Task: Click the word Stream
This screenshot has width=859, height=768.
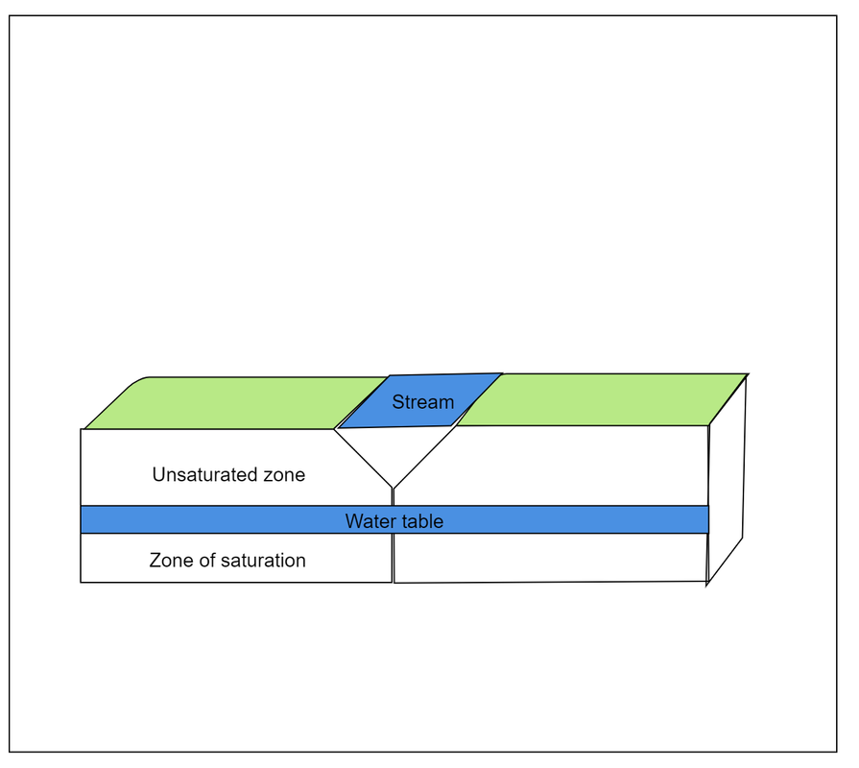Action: click(422, 402)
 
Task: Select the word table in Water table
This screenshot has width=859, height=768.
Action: click(423, 522)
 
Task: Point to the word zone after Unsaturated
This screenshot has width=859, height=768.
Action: click(284, 474)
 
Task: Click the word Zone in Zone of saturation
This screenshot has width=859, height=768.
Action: click(170, 561)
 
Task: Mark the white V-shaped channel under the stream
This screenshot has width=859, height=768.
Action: click(393, 451)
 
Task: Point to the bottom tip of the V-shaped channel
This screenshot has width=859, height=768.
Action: click(393, 488)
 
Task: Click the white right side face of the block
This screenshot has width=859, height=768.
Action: click(726, 480)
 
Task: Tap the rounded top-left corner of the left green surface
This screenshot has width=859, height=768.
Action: click(139, 381)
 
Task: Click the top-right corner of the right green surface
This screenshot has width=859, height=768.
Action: click(747, 374)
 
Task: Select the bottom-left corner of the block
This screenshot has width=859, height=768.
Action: click(81, 582)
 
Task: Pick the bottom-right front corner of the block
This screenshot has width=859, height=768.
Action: click(706, 582)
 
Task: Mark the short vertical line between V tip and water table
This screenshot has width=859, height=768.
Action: click(393, 496)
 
